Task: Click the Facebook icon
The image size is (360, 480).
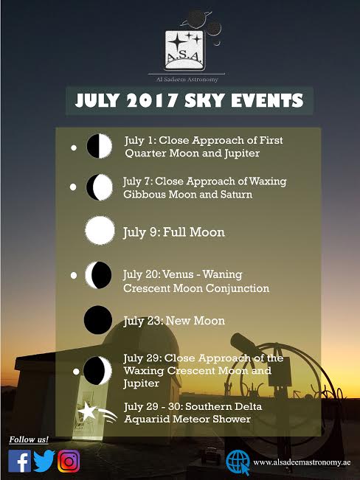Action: [x=19, y=461]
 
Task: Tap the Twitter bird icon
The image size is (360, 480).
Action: [x=44, y=461]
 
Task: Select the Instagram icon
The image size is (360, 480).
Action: [x=69, y=461]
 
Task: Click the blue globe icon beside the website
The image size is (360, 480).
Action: [x=238, y=462]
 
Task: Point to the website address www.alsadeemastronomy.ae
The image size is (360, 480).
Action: [x=302, y=462]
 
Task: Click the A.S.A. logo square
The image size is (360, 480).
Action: [x=184, y=50]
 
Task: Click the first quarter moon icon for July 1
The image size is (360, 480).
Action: [x=100, y=146]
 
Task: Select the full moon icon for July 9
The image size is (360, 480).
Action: [x=100, y=230]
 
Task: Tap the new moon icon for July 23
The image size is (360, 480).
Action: [x=98, y=319]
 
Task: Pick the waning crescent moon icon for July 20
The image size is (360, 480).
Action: [x=98, y=275]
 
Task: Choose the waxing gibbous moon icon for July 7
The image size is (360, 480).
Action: [x=100, y=187]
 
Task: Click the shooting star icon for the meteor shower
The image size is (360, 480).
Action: [x=97, y=413]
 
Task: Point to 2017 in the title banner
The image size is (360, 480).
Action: [x=152, y=100]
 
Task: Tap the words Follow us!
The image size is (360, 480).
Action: [x=29, y=439]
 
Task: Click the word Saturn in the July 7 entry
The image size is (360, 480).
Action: [x=236, y=195]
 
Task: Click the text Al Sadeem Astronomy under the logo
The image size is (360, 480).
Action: [x=187, y=80]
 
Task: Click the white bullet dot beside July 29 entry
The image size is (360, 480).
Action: [x=76, y=372]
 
